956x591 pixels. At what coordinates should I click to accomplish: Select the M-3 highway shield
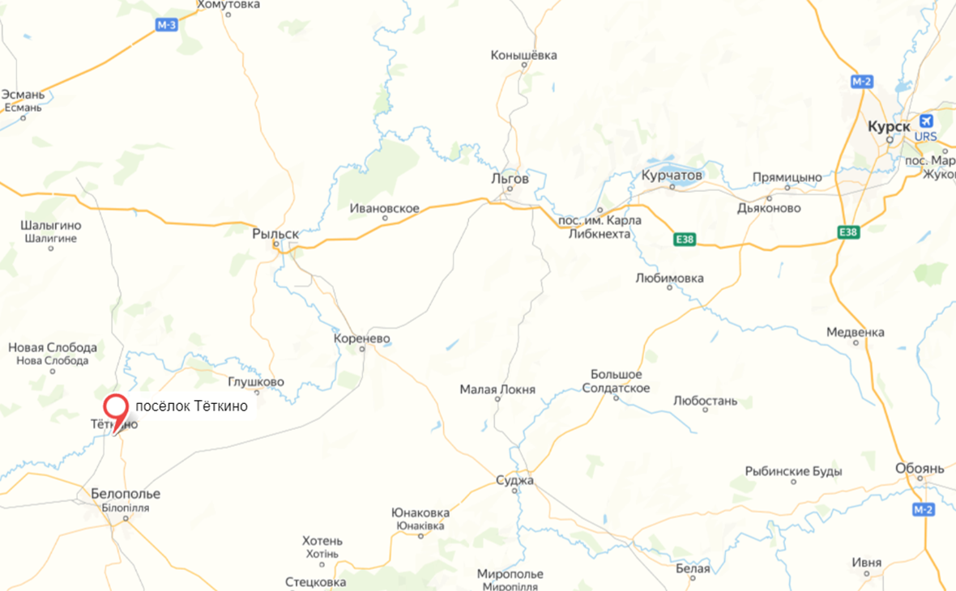166,26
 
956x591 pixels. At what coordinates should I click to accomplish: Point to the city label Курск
889,127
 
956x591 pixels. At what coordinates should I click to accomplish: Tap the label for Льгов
510,178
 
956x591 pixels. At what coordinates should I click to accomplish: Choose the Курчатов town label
672,175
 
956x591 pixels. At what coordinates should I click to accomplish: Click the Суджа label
514,481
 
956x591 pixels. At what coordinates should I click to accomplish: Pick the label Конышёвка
523,56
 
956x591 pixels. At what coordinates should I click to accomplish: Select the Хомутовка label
229,5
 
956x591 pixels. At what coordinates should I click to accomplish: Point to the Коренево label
362,338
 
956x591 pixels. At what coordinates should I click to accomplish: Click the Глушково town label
256,382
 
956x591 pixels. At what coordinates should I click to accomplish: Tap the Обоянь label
920,469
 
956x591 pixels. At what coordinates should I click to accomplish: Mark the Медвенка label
855,332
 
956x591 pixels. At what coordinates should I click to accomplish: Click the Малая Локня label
497,389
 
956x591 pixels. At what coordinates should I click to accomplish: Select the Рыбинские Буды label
793,471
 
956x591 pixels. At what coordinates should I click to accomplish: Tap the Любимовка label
669,278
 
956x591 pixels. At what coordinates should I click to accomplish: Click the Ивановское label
385,209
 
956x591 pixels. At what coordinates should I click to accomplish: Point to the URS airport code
925,137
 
